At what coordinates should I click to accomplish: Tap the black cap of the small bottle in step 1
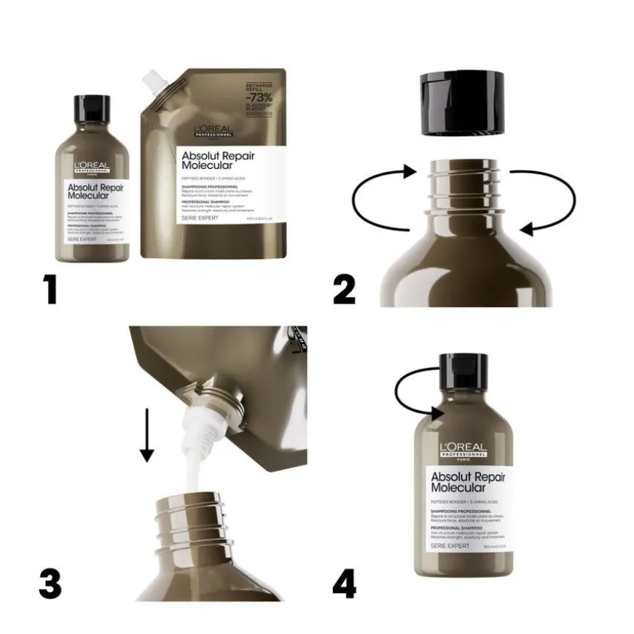[93, 109]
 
